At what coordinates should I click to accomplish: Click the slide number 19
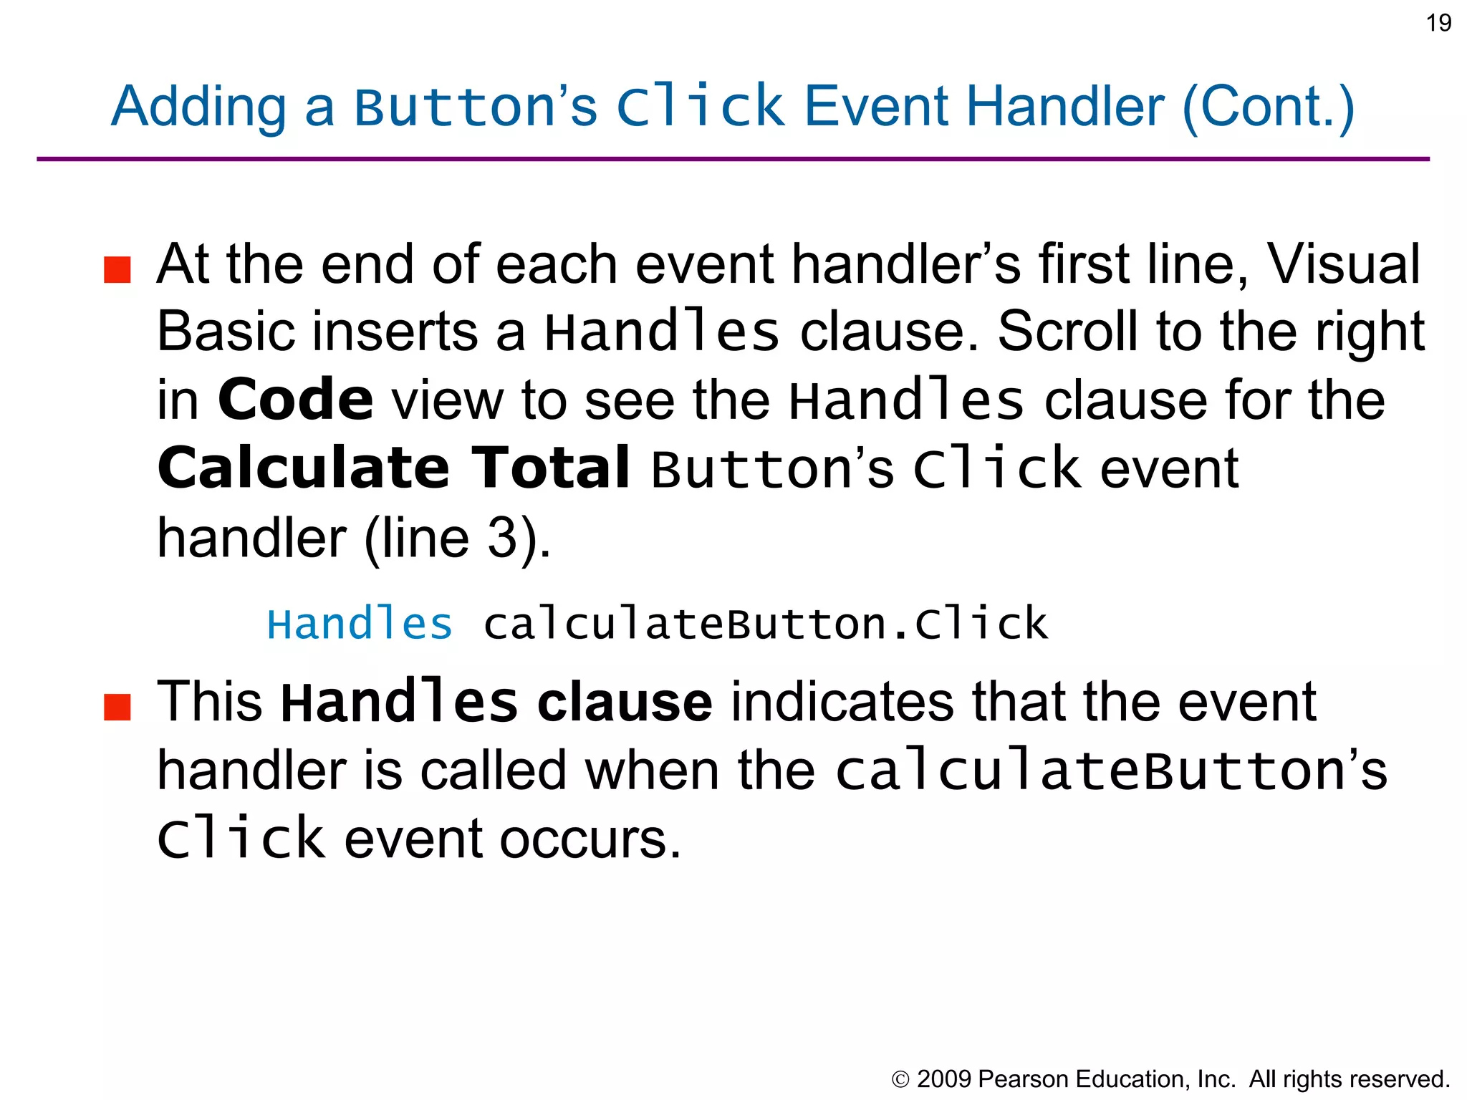tap(1438, 23)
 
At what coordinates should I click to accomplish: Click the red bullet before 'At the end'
tap(117, 270)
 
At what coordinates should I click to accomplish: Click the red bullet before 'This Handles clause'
tap(117, 706)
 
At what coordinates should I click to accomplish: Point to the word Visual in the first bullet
tap(1344, 264)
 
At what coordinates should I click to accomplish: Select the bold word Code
tap(295, 399)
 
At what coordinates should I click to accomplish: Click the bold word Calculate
tap(304, 467)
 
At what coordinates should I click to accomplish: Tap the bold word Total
tap(550, 467)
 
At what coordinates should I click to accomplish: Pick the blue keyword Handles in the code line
tap(360, 624)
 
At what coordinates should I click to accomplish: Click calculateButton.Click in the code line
tap(765, 624)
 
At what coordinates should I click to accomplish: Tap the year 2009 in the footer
tap(943, 1079)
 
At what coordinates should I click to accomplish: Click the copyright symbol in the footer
tap(900, 1079)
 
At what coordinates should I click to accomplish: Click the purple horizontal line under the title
tap(733, 159)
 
